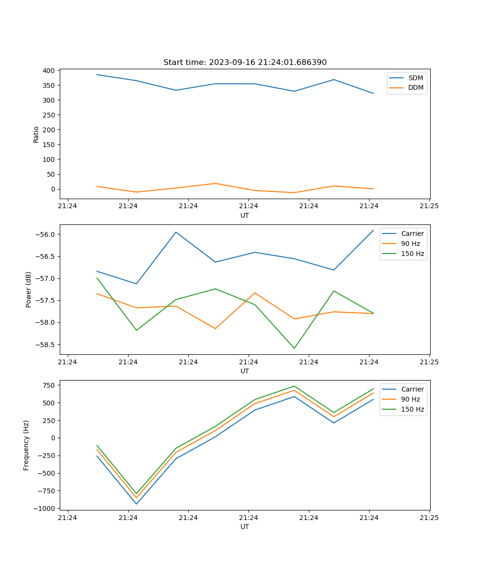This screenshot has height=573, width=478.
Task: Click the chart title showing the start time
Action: (245, 63)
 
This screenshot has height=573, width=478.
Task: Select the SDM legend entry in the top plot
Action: (415, 78)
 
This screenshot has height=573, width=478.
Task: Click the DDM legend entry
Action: (415, 87)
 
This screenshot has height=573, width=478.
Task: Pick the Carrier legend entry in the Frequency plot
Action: (412, 389)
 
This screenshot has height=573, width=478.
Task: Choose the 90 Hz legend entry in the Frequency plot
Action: (410, 399)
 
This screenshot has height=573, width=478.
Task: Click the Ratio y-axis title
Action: (36, 134)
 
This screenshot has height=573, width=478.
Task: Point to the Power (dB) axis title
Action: (29, 289)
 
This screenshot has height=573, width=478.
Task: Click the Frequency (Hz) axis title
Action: (26, 445)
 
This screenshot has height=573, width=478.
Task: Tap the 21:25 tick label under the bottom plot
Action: (429, 517)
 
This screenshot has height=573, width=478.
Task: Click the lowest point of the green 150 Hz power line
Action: (294, 348)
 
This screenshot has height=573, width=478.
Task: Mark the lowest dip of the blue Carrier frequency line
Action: (136, 504)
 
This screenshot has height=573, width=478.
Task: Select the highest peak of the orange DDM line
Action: (215, 183)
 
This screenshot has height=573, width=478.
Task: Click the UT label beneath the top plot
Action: (245, 215)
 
